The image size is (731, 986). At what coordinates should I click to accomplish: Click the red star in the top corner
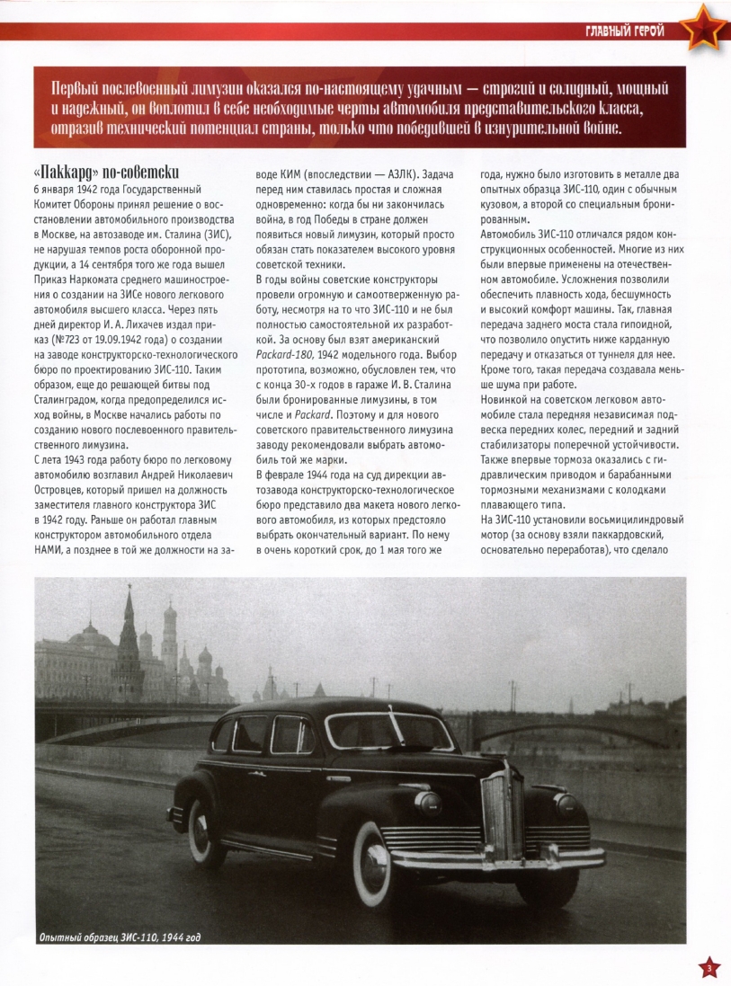pyautogui.click(x=701, y=29)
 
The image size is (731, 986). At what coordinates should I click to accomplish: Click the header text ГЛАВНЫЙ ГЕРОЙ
pyautogui.click(x=626, y=33)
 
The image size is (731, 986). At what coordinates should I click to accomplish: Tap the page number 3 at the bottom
pyautogui.click(x=709, y=967)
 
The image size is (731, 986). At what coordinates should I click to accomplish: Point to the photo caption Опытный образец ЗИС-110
pyautogui.click(x=119, y=938)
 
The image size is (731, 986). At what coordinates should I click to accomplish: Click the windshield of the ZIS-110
pyautogui.click(x=388, y=731)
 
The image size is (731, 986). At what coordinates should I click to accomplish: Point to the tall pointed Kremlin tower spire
pyautogui.click(x=129, y=620)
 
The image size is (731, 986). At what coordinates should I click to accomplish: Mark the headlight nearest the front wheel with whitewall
pyautogui.click(x=429, y=802)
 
